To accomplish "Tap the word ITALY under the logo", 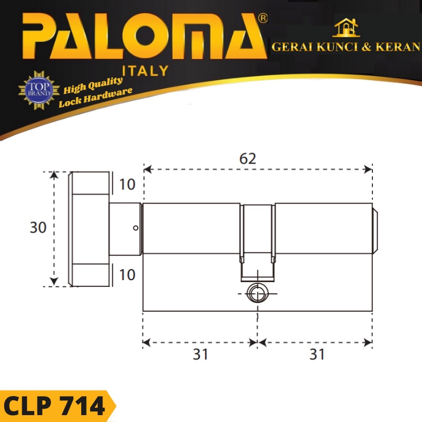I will [145, 70].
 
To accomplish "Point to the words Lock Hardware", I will [95, 98].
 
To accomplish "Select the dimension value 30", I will [38, 228].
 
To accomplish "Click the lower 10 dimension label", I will [127, 274].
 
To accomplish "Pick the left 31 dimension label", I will [200, 354].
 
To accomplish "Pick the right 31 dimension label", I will [316, 354].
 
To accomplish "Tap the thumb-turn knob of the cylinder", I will [90, 228].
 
